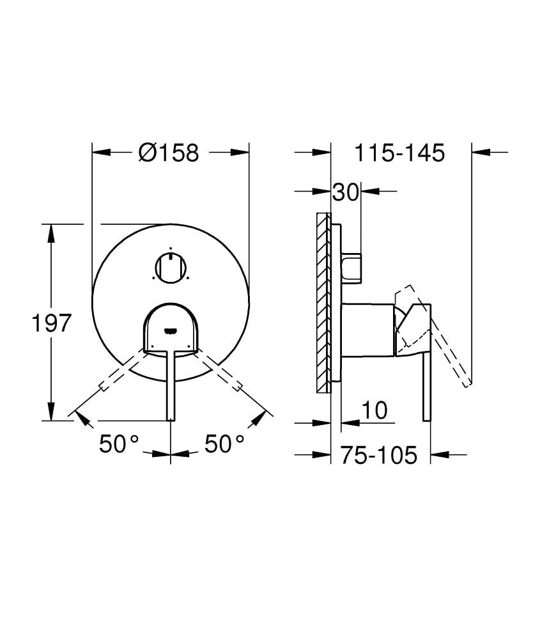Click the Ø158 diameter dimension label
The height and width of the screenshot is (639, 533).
169,153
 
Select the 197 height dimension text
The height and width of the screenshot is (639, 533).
50,323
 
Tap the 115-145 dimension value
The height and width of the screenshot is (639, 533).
399,153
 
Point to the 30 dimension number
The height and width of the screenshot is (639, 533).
346,192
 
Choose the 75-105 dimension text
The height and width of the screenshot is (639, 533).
378,455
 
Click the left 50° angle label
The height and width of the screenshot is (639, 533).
119,443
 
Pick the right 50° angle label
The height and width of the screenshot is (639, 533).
224,443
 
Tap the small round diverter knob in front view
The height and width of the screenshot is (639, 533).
171,266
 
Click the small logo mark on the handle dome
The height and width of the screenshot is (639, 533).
170,330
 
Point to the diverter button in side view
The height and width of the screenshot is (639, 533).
351,268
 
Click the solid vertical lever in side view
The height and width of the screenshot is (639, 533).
426,383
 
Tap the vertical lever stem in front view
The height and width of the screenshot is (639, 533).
171,383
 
